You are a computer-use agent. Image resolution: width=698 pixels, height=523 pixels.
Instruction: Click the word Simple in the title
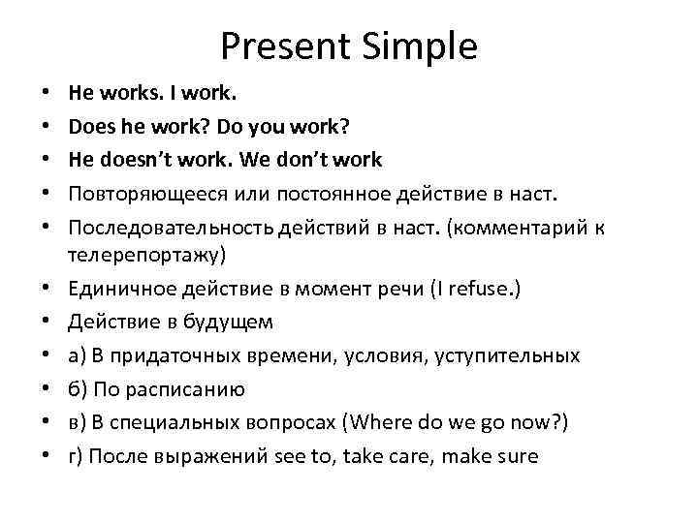(x=420, y=46)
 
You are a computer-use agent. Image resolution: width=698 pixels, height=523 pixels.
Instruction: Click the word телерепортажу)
(x=146, y=256)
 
